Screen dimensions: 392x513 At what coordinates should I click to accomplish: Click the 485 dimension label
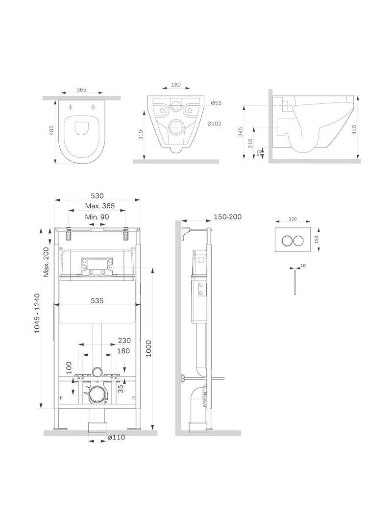51,131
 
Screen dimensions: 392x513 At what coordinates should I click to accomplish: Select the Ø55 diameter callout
216,103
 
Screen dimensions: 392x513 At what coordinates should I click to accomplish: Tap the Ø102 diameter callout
215,123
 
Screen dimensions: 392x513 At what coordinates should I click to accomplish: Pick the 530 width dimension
97,195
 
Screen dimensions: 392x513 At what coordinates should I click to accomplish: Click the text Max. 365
100,206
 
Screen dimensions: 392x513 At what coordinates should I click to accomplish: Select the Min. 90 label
97,217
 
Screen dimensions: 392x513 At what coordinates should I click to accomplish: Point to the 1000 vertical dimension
149,348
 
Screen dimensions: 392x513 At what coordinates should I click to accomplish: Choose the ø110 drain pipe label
117,437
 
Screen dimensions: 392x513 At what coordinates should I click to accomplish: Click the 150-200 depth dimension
228,217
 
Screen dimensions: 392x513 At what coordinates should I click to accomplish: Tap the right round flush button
298,241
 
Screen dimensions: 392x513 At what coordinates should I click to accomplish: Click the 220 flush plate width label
293,219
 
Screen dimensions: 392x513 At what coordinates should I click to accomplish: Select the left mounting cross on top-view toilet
71,107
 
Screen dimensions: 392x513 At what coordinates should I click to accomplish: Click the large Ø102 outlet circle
176,126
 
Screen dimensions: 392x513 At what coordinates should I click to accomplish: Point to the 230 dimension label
124,341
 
